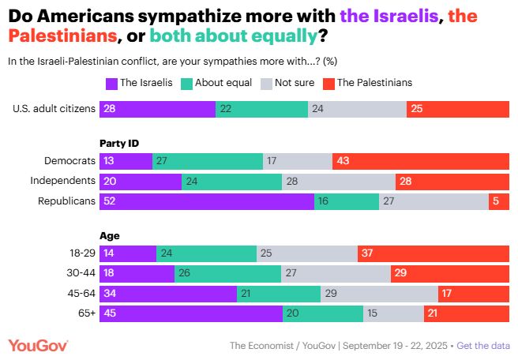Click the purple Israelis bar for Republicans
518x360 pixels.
(206, 201)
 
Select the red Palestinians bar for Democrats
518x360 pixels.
(421, 161)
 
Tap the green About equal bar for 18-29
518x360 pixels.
(206, 253)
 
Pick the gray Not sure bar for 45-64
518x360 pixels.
(379, 294)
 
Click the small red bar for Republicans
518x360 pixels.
(499, 201)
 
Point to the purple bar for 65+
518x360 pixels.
(190, 313)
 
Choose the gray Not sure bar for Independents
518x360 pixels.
(339, 182)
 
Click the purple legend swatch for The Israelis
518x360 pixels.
(111, 82)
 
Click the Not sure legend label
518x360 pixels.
(294, 82)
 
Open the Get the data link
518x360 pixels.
(482, 346)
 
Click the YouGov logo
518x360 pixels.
(39, 346)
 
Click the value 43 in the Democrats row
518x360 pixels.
(343, 161)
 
